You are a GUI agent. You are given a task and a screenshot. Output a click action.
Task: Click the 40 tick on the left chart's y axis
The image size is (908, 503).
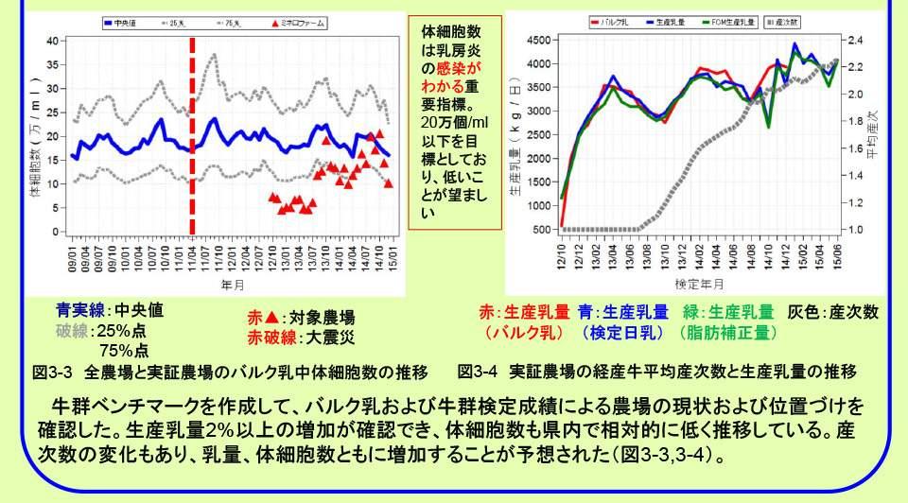tap(52, 41)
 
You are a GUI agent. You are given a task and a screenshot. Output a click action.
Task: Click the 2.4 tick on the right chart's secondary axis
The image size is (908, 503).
tap(857, 41)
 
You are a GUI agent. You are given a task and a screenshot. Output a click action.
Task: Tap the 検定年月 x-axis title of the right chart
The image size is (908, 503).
tap(699, 283)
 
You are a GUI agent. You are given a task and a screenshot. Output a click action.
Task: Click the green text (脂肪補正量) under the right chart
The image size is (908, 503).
tap(727, 333)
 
